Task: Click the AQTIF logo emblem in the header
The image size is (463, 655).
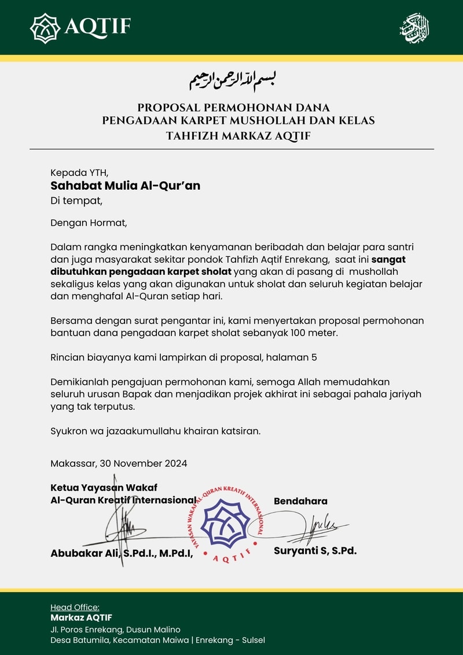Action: [x=45, y=28]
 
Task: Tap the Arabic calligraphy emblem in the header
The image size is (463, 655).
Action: [x=415, y=28]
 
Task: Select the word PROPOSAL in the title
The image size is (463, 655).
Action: [x=164, y=108]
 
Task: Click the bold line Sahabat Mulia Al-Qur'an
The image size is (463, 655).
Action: [x=126, y=186]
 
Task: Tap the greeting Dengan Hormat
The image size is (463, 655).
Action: [x=88, y=222]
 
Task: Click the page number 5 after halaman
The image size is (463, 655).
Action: [x=314, y=358]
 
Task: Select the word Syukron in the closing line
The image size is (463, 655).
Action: [x=69, y=431]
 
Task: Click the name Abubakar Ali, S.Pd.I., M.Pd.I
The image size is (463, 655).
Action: [x=121, y=553]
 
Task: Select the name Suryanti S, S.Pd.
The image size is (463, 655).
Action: [x=315, y=551]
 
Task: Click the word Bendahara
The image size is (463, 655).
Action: [x=300, y=501]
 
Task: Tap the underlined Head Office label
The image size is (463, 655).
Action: [x=75, y=607]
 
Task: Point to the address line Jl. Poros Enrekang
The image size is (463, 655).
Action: [x=115, y=630]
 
